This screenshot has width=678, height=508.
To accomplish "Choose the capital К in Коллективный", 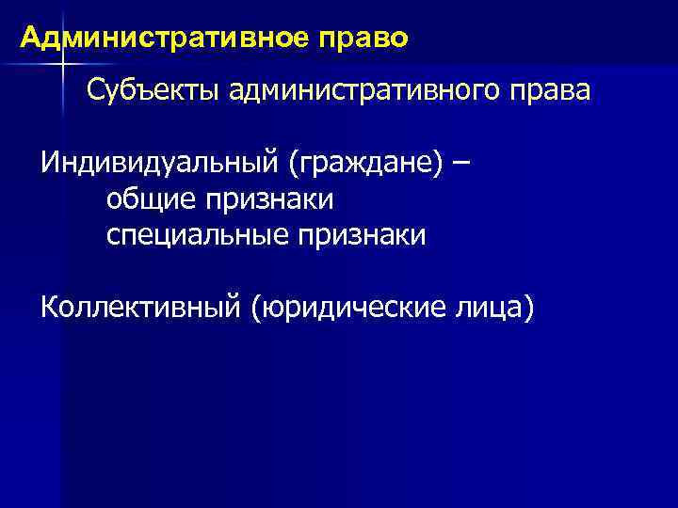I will click(x=49, y=307).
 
